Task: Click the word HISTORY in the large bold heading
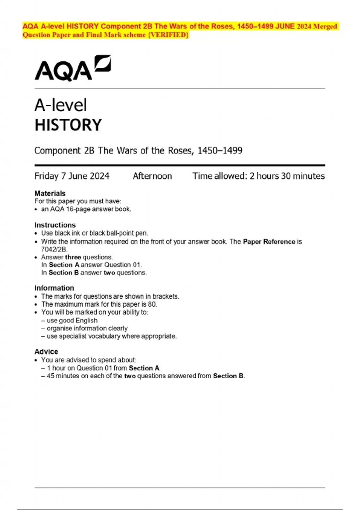click(68, 125)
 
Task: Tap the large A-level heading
click(61, 105)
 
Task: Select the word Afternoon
click(152, 176)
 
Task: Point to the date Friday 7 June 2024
click(72, 176)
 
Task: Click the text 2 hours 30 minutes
click(287, 176)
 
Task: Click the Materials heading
click(50, 193)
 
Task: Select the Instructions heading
click(55, 225)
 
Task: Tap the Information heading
click(54, 288)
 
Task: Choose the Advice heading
click(46, 352)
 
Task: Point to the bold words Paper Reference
click(269, 241)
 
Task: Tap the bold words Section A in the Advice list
click(144, 368)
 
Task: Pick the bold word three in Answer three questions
click(73, 257)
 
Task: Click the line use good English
click(72, 320)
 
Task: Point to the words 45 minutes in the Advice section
click(63, 376)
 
